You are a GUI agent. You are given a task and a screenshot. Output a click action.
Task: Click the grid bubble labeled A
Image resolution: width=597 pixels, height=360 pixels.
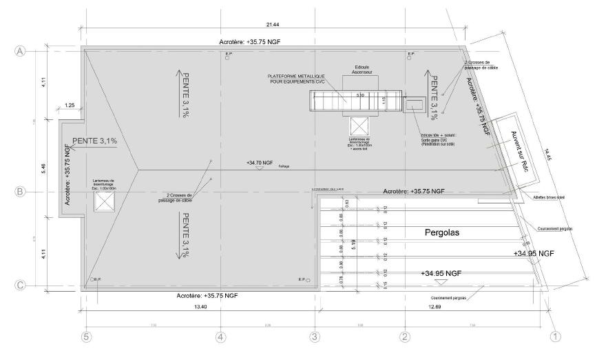(20, 52)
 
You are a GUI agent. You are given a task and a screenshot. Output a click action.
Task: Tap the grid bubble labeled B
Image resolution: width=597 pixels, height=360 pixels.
(20, 192)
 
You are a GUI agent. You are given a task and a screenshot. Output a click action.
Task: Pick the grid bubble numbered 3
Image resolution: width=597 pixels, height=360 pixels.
(315, 337)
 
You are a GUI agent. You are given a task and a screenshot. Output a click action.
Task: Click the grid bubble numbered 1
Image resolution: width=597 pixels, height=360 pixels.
(556, 337)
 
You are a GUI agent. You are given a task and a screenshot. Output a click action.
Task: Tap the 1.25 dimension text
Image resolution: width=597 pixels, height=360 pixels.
(70, 105)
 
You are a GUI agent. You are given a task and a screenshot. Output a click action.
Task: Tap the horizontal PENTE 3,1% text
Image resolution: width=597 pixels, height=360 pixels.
(94, 141)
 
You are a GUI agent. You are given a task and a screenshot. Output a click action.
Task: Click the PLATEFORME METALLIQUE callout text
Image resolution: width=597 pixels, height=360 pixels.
(302, 79)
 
